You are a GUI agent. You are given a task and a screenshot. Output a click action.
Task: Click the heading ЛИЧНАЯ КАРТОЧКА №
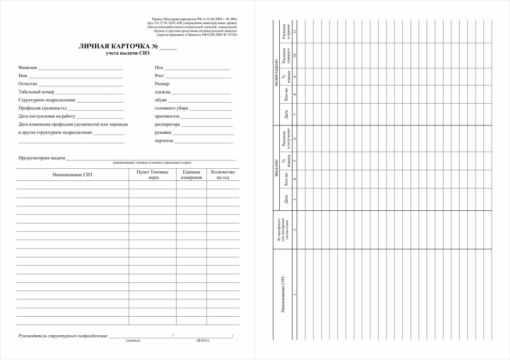tap(118, 47)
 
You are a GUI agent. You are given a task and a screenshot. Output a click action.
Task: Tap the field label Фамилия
tap(29, 67)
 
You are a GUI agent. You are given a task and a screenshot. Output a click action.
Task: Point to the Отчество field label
tap(29, 83)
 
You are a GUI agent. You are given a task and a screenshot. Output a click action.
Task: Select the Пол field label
tap(159, 67)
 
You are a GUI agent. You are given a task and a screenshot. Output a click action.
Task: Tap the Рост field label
tap(159, 75)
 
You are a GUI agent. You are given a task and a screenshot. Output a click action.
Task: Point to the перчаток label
tap(164, 141)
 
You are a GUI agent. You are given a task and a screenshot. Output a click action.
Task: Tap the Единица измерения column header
tap(192, 175)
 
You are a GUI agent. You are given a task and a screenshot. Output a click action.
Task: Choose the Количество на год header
tap(223, 175)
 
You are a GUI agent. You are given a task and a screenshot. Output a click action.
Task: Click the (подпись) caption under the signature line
tap(133, 341)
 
